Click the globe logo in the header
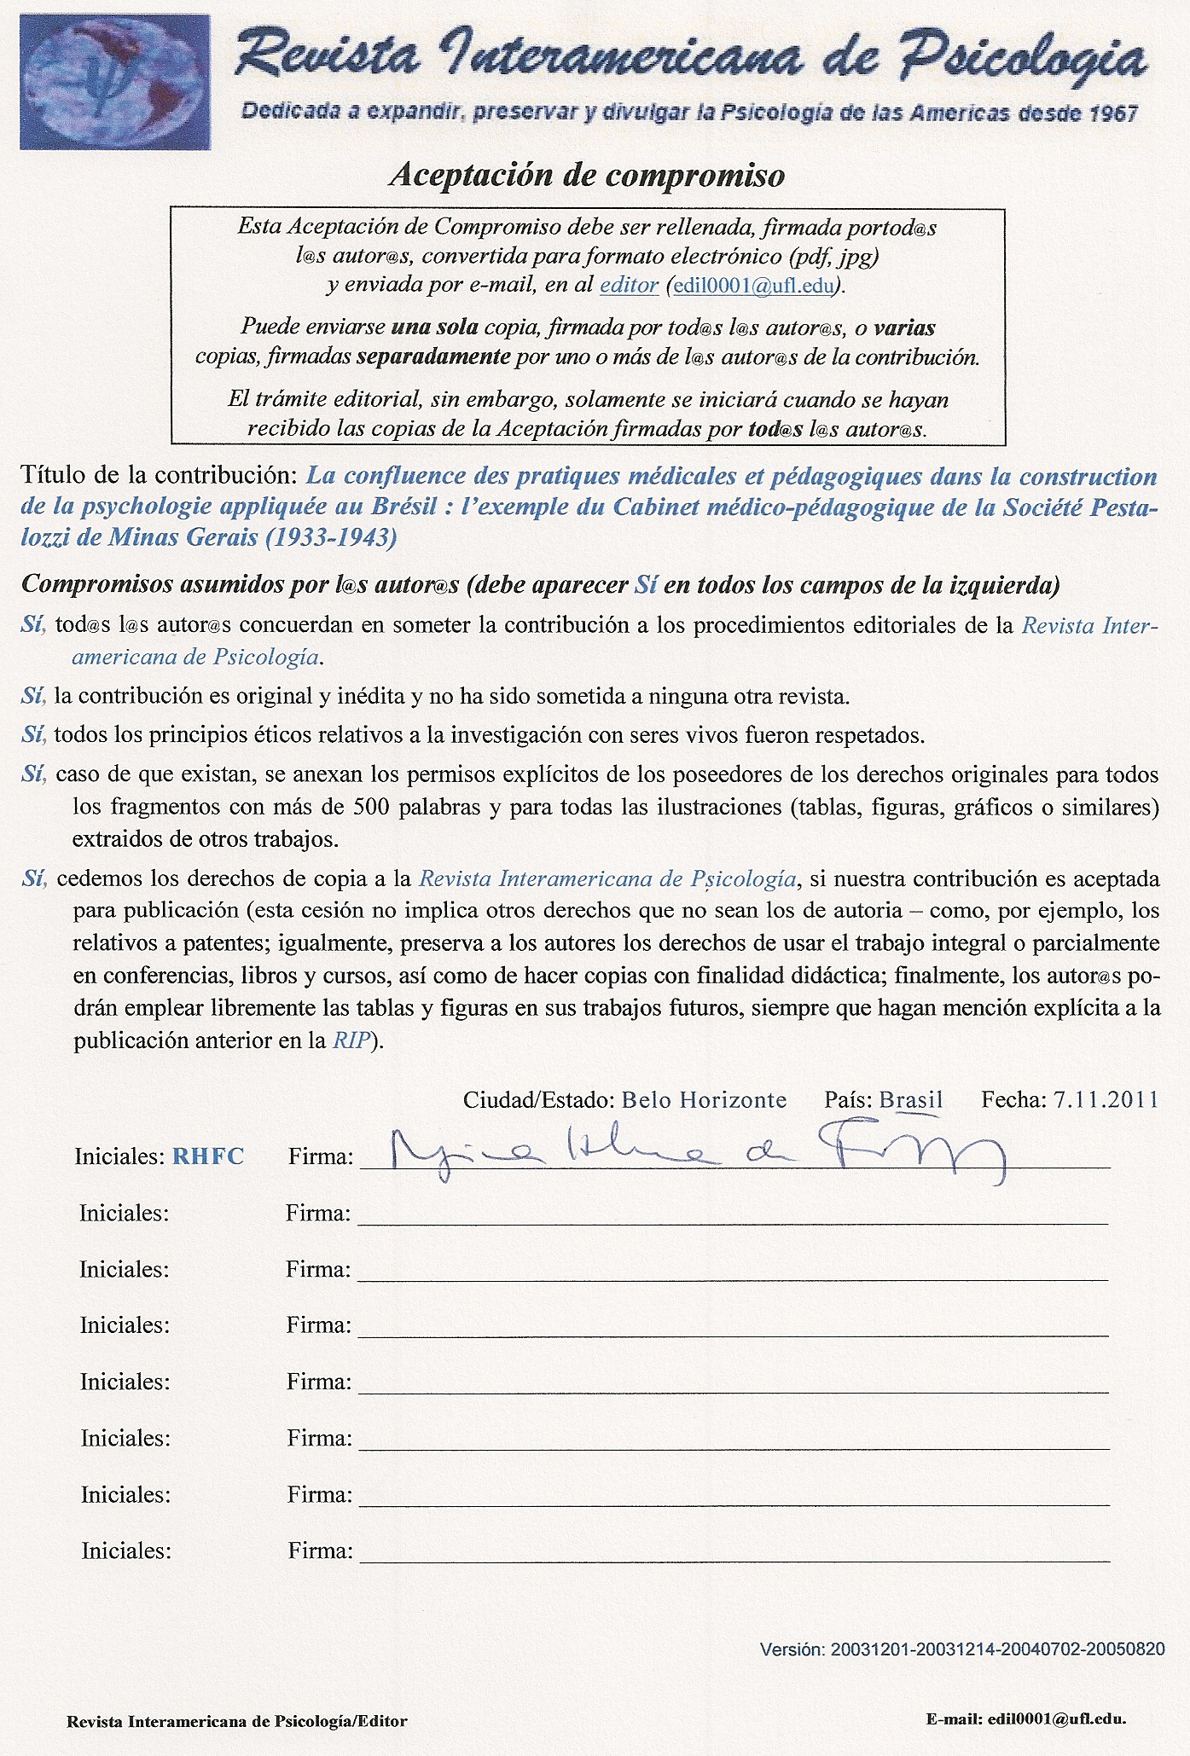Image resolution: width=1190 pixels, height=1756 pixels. [115, 83]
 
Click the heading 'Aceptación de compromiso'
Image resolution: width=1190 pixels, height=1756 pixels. [587, 175]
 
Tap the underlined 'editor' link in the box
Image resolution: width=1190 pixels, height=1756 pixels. [629, 285]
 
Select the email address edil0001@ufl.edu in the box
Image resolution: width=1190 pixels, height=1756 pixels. [753, 286]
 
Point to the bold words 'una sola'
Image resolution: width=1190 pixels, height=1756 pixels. [434, 327]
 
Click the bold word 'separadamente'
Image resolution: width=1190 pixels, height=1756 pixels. [432, 356]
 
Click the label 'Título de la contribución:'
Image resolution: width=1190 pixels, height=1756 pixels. [159, 475]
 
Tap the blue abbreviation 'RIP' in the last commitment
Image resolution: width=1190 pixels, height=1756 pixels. [351, 1040]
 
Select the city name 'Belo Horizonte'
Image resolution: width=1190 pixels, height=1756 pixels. [704, 1099]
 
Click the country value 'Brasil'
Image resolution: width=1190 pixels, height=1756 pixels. [910, 1099]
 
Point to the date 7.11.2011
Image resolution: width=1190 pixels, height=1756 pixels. [1106, 1099]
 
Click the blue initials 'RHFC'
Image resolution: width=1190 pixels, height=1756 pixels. [208, 1156]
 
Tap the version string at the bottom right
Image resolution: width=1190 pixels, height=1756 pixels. [961, 1649]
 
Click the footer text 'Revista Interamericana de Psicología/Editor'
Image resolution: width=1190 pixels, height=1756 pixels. [237, 1721]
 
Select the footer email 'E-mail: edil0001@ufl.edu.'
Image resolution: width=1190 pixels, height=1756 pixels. [1026, 1719]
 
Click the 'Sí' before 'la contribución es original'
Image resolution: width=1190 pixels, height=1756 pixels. [33, 696]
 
